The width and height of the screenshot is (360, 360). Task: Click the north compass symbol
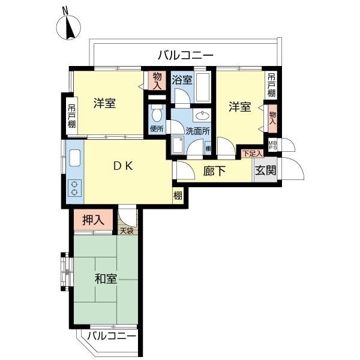pos(68,27)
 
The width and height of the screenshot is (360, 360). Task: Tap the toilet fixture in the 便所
pos(157,113)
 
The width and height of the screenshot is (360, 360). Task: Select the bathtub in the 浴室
pos(203,87)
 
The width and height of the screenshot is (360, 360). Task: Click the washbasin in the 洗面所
pos(202,115)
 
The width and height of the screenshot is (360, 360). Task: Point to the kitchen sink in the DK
pos(75,158)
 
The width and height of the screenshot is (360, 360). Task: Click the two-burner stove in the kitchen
pos(74,188)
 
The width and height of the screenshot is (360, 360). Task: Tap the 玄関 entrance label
pos(266,170)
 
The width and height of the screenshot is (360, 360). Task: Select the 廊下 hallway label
pos(214,171)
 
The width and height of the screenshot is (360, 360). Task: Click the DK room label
pos(123,166)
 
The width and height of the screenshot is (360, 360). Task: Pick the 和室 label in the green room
pos(106,279)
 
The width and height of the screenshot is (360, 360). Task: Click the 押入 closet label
pos(94,220)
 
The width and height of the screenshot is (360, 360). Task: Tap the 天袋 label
pos(127,231)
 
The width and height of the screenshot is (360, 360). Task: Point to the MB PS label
pos(272,145)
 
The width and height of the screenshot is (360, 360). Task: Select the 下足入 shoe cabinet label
pos(253,154)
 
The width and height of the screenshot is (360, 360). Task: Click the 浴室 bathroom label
pos(182,80)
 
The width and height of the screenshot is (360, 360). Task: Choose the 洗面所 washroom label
pos(197,131)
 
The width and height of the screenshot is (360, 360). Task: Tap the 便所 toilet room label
pos(157,128)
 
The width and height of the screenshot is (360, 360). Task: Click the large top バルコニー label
pos(186,55)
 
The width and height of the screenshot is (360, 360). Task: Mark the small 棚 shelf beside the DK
pos(178,196)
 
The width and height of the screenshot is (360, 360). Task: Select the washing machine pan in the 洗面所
pos(178,145)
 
